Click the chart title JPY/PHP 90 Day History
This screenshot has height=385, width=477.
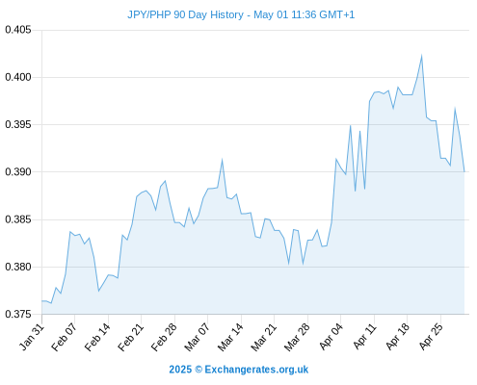pos(185,14)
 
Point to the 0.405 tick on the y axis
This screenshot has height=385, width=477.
pos(18,30)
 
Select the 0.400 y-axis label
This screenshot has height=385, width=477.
pos(18,77)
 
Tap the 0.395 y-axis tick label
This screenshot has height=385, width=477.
pos(18,124)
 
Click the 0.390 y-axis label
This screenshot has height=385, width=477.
pos(18,172)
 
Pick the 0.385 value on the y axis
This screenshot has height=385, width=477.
pos(18,219)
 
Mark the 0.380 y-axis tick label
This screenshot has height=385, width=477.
pos(18,267)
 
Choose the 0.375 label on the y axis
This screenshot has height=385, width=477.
pos(18,314)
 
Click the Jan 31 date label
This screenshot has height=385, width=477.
pos(32,337)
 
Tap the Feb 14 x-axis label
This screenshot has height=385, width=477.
pos(97,337)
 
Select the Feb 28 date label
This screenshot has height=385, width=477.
pos(164,337)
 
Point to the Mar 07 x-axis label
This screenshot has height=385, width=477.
pos(197,337)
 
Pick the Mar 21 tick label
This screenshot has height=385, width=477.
pos(263,337)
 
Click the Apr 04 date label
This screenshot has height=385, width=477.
pos(331,337)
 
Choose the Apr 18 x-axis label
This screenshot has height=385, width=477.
pos(398,337)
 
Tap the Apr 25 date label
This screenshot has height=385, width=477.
pos(431,337)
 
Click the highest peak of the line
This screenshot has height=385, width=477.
pos(421,56)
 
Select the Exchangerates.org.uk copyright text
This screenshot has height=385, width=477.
pos(239,370)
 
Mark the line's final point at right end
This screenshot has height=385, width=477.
pos(464,172)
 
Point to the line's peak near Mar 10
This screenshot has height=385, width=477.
pos(222,160)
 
